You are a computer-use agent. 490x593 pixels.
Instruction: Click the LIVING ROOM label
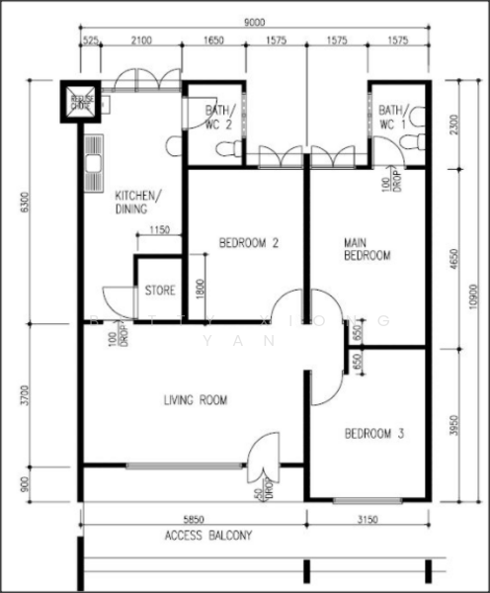(195, 400)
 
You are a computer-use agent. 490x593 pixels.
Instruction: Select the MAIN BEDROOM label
(366, 248)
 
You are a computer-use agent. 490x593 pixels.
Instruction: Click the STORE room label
(160, 292)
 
